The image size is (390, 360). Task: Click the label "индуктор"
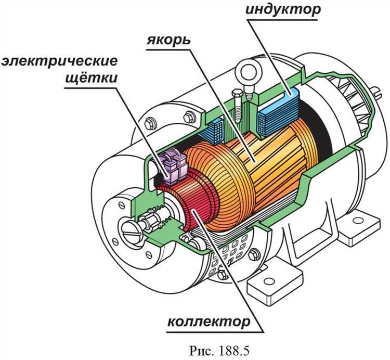(283, 9)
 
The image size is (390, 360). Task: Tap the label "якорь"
(168, 40)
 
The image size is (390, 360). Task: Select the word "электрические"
(59, 61)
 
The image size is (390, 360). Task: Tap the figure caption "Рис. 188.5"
(219, 351)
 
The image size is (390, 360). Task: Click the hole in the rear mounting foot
(358, 221)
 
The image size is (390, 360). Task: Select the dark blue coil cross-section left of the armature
(216, 131)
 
